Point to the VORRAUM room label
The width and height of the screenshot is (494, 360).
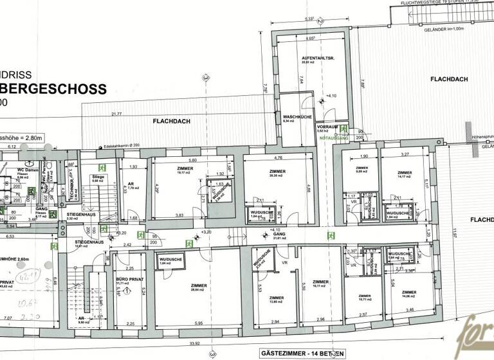327,127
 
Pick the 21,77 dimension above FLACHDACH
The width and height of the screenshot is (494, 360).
116,114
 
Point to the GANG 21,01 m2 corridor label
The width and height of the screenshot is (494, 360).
279,236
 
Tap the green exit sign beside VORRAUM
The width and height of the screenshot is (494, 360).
345,129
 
